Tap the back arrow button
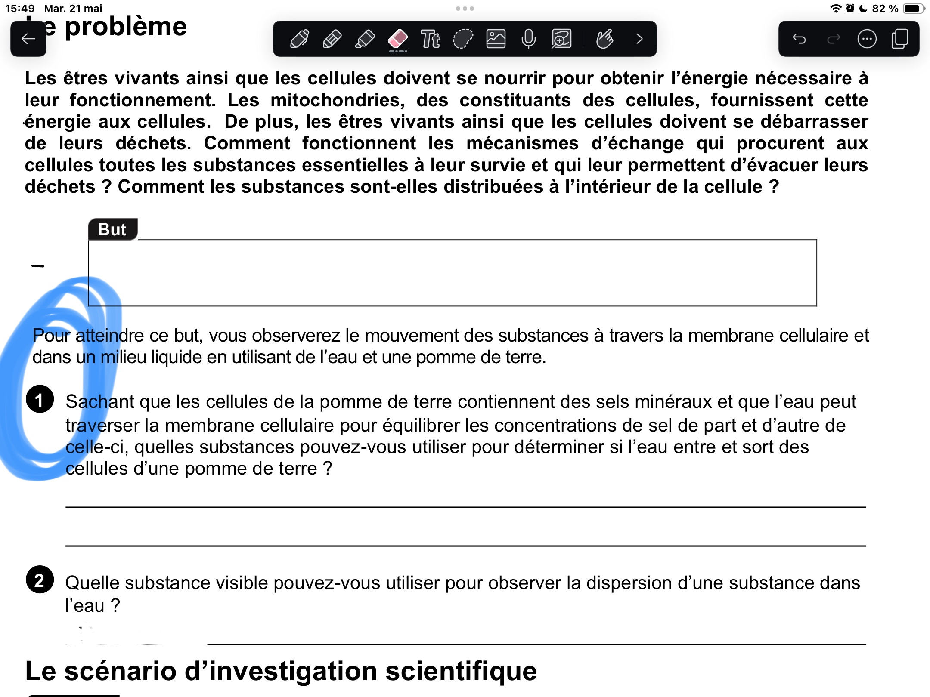(28, 39)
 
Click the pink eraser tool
(398, 39)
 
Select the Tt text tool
(430, 39)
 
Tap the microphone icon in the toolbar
(528, 39)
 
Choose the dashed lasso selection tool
(463, 39)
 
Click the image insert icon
(496, 39)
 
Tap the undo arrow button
(799, 39)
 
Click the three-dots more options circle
(867, 39)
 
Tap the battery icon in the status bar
(913, 9)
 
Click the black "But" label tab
(112, 229)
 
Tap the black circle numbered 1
(40, 399)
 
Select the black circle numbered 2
(40, 580)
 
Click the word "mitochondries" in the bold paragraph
(338, 100)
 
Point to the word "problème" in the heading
(126, 27)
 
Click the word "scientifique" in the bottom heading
(461, 671)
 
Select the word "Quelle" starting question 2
(92, 583)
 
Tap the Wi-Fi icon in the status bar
(835, 9)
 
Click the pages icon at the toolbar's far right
(900, 39)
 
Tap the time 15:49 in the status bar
(20, 9)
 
